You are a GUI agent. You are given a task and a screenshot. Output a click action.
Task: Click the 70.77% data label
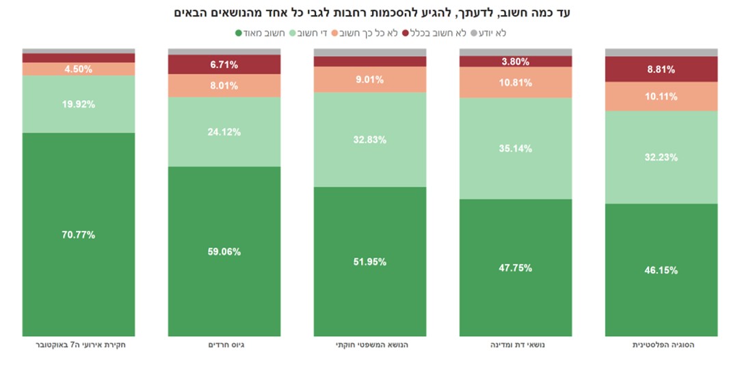pos(78,235)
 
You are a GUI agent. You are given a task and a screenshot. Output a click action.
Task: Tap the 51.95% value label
pos(370,262)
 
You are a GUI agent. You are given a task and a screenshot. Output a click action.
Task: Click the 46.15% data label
pos(661,270)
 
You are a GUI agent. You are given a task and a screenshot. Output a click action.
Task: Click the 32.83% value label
pos(370,140)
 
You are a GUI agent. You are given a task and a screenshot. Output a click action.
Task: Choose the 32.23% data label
pos(661,158)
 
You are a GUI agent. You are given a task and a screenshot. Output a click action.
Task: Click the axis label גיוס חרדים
pos(224,345)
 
